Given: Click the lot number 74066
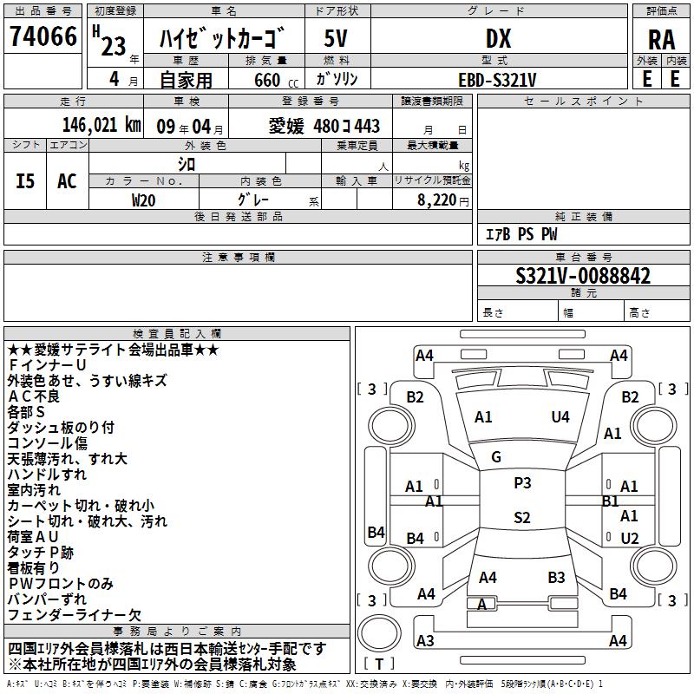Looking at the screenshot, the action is tap(43, 36).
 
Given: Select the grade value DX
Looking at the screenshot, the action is tap(498, 38).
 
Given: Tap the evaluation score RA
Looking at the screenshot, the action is tap(661, 40).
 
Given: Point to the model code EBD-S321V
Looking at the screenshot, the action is tap(497, 80).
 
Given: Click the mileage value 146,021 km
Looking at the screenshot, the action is tap(101, 125).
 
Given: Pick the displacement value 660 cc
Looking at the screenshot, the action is tap(276, 81).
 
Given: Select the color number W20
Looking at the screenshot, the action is tap(143, 200).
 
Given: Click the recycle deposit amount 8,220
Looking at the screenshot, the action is tap(437, 200).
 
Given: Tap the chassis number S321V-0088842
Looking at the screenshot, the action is tap(583, 276).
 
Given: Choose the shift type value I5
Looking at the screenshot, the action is tap(25, 181).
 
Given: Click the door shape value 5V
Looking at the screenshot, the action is tap(336, 38).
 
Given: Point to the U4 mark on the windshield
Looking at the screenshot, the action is tap(560, 417).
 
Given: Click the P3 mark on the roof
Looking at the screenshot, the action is tap(522, 483).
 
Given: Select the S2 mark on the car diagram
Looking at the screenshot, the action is tap(522, 517).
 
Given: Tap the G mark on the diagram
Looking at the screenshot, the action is tap(496, 457).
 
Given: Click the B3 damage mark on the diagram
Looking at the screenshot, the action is tap(556, 578).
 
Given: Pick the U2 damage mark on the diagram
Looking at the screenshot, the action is tap(630, 538).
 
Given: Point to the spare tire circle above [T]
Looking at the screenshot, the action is tap(379, 632).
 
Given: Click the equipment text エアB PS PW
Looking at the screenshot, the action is tap(521, 234).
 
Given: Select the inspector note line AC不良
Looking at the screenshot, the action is tap(34, 396).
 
